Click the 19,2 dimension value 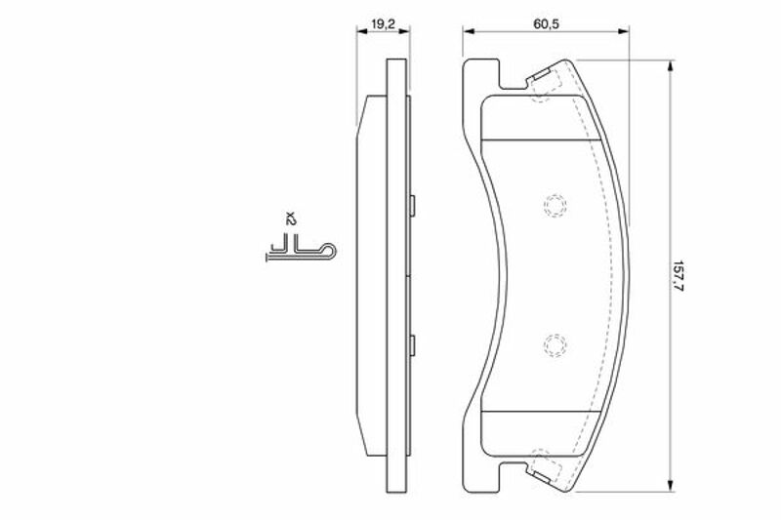384,23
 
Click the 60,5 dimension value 546,23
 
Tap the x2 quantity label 291,219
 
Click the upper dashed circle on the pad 555,205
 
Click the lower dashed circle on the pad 555,344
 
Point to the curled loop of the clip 329,252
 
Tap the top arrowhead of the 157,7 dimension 672,66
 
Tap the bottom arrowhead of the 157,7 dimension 672,486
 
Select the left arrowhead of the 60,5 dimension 469,31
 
